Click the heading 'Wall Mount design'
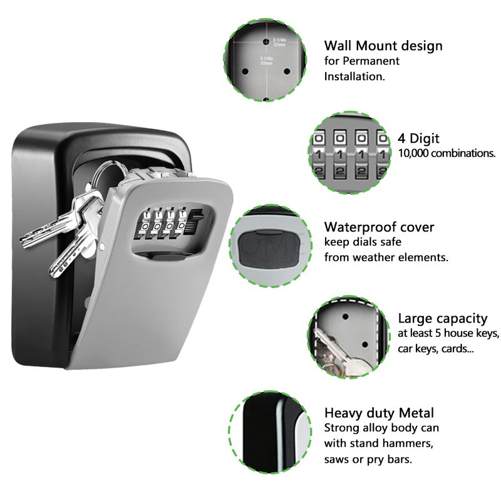(383, 46)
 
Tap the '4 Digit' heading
(418, 138)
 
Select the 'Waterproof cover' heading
(379, 227)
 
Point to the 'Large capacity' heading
(442, 318)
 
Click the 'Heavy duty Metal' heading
(379, 413)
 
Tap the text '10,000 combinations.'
(447, 153)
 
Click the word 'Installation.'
(354, 76)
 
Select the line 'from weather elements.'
(386, 257)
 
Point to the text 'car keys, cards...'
(435, 349)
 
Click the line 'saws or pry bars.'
(368, 459)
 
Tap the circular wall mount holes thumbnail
(265, 60)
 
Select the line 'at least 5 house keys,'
(448, 334)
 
